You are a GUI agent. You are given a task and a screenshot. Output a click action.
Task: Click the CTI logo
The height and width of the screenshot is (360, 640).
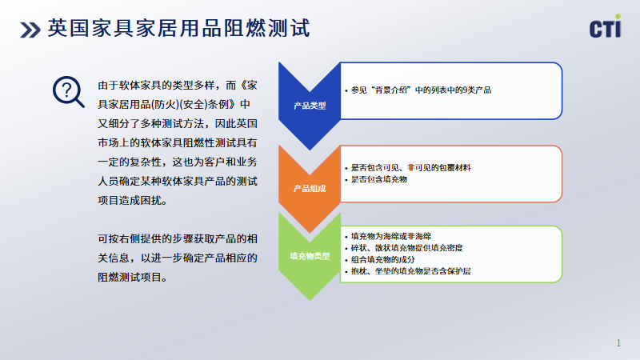606,26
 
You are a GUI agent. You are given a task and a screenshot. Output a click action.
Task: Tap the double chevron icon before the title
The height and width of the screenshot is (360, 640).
30,30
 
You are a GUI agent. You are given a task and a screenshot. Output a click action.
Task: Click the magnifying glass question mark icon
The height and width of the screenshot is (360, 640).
68,92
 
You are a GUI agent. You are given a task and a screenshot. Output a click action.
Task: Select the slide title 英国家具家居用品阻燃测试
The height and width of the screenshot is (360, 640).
178,29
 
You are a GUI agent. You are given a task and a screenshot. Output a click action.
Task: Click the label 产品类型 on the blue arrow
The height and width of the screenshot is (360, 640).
310,106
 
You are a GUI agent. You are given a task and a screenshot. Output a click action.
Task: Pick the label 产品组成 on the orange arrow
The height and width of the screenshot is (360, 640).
310,189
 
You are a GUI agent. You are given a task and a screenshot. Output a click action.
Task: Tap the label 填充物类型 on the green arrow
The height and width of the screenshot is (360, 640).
310,256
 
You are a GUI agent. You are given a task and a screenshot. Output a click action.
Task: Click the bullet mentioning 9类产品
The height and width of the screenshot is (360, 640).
418,90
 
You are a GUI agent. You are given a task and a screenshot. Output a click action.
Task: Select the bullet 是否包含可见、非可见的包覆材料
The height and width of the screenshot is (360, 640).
408,168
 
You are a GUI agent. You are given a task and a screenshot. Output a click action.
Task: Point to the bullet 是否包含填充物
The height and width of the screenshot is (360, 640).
376,179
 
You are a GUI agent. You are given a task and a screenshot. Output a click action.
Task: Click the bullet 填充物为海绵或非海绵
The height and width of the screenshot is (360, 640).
388,236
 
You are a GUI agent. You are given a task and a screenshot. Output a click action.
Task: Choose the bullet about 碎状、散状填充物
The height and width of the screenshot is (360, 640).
404,248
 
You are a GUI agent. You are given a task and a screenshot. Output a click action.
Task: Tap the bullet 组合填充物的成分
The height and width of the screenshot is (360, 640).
380,259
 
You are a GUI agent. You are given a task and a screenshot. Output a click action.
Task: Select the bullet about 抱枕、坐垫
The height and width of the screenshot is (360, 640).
408,271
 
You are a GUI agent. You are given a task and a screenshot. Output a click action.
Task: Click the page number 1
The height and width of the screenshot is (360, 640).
618,343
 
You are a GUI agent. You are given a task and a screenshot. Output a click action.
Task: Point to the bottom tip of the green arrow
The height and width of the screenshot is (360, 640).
310,301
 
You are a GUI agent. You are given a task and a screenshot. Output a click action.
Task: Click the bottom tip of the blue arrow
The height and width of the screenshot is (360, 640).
310,150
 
